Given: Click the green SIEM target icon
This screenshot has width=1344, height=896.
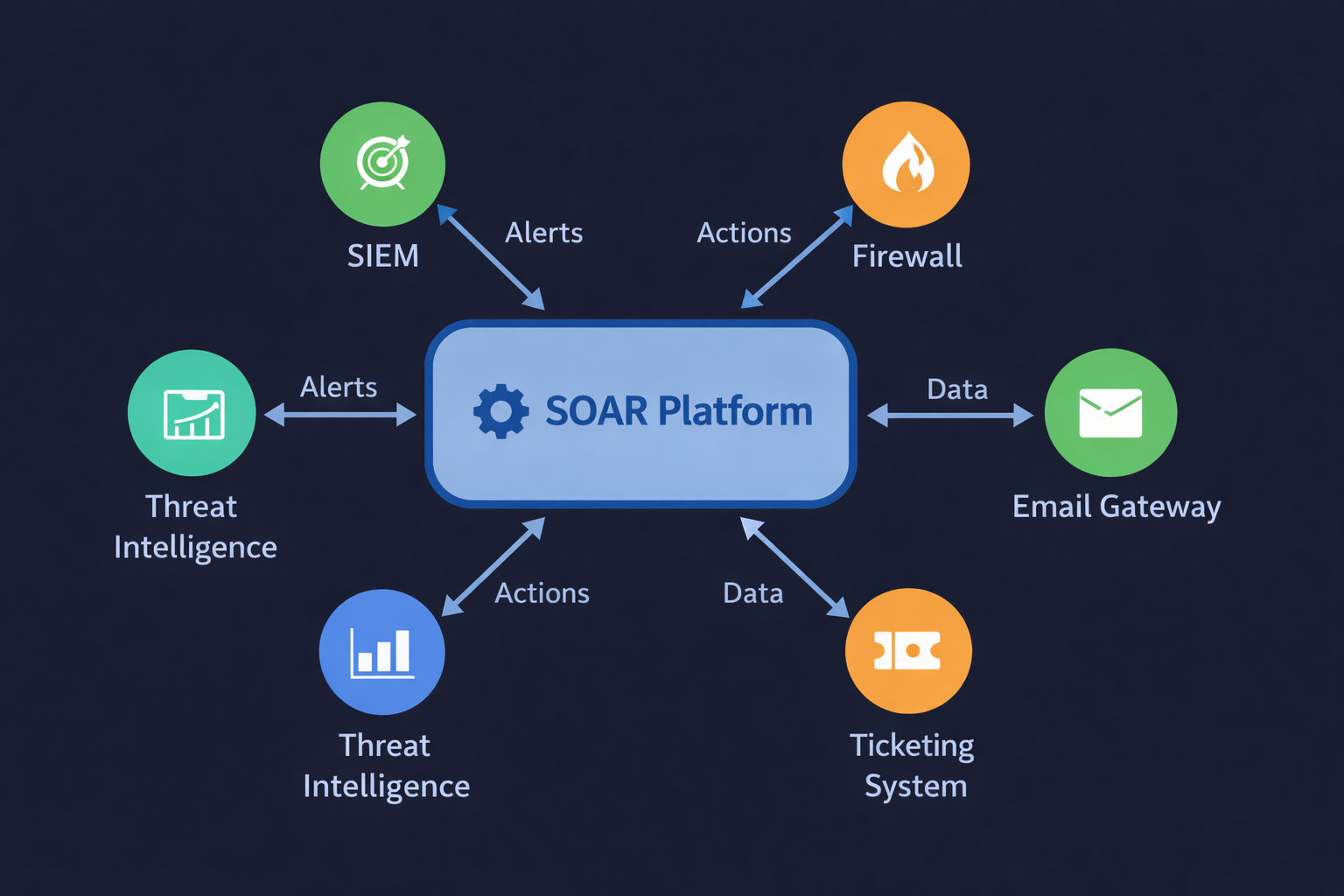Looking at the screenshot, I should (x=382, y=164).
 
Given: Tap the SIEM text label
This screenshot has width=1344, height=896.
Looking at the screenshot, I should (x=382, y=255).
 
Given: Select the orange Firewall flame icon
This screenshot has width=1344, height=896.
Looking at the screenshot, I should (x=906, y=164).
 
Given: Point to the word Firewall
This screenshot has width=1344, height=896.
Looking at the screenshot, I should (x=906, y=255).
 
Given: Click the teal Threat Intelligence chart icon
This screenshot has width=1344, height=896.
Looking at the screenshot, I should (x=192, y=413).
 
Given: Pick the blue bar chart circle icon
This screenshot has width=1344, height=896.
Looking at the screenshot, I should (x=382, y=652).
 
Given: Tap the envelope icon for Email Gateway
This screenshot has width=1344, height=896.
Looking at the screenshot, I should (x=1110, y=413).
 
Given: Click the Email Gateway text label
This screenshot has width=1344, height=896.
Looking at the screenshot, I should (x=1116, y=507).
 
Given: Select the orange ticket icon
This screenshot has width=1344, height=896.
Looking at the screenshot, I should (x=908, y=651).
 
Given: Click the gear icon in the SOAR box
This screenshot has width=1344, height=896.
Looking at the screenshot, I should (x=500, y=411).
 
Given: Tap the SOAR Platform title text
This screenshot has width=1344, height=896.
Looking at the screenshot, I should (x=679, y=411).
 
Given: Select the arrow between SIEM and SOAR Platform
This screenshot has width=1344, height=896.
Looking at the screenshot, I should (x=491, y=257).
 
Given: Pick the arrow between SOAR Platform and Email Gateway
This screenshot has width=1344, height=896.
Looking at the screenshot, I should (x=950, y=415).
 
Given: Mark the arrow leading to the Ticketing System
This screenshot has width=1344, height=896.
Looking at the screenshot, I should (x=794, y=567).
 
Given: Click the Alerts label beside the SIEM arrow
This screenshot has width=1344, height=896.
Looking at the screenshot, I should (x=543, y=233).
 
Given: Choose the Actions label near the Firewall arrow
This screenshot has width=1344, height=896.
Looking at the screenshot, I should (x=744, y=233).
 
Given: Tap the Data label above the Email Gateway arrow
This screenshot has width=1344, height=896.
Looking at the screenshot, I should (x=957, y=389).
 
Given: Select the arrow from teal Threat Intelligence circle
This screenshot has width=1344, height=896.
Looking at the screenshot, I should (x=340, y=415).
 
